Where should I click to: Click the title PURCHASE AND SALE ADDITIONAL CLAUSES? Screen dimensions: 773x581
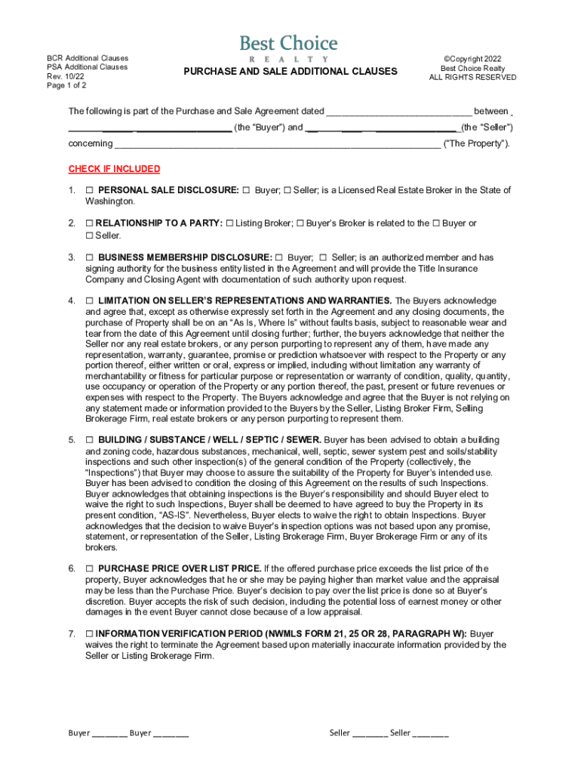tap(290, 72)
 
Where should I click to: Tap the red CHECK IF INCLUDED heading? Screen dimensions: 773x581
tap(114, 169)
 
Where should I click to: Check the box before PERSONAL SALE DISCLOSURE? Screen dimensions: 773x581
tap(90, 190)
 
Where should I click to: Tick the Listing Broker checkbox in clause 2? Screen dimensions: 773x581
tap(230, 223)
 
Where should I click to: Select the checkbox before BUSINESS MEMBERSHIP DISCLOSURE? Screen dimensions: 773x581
tap(90, 257)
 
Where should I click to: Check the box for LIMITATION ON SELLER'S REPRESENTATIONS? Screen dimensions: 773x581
tap(90, 301)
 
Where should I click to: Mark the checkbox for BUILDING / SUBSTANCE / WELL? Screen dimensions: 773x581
tap(90, 440)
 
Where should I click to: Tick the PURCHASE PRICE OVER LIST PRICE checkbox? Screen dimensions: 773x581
tap(90, 568)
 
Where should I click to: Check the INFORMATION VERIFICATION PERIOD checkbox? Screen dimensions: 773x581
tap(90, 634)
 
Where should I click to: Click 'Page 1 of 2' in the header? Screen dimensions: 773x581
tap(66, 85)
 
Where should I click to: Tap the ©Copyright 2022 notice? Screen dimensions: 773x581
tap(473, 58)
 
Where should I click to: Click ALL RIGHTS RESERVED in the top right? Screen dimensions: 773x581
tap(473, 78)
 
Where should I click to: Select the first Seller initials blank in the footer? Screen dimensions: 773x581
tap(370, 733)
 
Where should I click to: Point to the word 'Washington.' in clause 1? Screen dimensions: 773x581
tap(110, 202)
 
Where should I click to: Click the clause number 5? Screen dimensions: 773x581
tap(72, 440)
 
